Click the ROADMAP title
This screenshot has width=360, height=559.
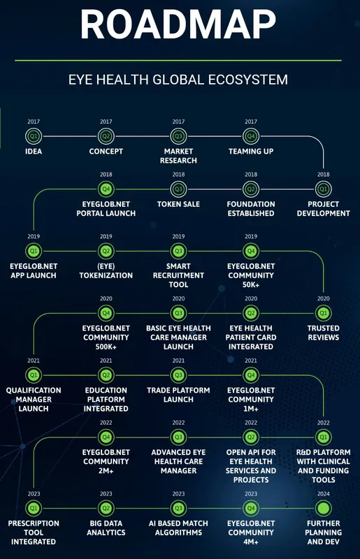pyautogui.click(x=178, y=24)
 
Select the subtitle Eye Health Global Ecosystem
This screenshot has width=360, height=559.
pyautogui.click(x=178, y=79)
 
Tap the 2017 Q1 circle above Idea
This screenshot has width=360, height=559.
pyautogui.click(x=34, y=136)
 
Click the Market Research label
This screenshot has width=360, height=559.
pyautogui.click(x=178, y=156)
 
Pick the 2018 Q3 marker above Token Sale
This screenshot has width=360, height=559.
pyautogui.click(x=178, y=189)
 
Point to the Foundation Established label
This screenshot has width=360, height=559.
pyautogui.click(x=251, y=208)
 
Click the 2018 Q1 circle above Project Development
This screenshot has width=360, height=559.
pyautogui.click(x=323, y=189)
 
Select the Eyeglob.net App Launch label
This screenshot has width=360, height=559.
pyautogui.click(x=34, y=270)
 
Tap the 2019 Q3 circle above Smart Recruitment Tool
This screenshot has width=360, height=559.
pyautogui.click(x=178, y=251)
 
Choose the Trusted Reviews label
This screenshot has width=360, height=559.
pyautogui.click(x=323, y=333)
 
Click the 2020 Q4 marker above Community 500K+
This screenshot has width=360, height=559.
pyautogui.click(x=106, y=313)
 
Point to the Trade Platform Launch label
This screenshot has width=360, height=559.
pyautogui.click(x=178, y=395)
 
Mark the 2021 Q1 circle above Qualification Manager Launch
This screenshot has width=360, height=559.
pyautogui.click(x=34, y=375)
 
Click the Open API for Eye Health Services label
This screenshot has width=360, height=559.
pyautogui.click(x=251, y=466)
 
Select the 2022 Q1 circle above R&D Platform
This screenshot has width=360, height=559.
pyautogui.click(x=323, y=437)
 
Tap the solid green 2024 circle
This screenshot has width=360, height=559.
pyautogui.click(x=323, y=509)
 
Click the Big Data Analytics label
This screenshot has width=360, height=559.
pyautogui.click(x=106, y=528)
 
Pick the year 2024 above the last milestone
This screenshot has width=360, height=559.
pyautogui.click(x=323, y=494)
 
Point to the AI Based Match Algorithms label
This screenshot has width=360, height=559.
pyautogui.click(x=178, y=528)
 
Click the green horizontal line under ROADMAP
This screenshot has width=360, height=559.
pyautogui.click(x=178, y=61)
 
